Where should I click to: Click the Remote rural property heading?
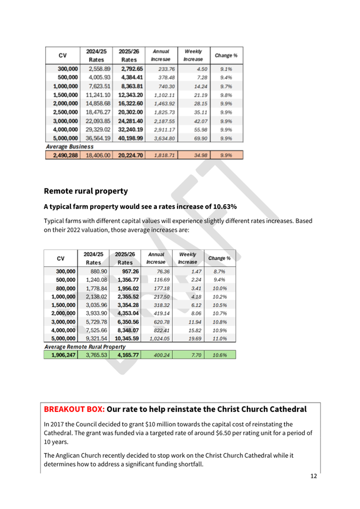click(86, 190)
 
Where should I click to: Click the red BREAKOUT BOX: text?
click(74, 409)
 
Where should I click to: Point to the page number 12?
click(314, 476)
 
